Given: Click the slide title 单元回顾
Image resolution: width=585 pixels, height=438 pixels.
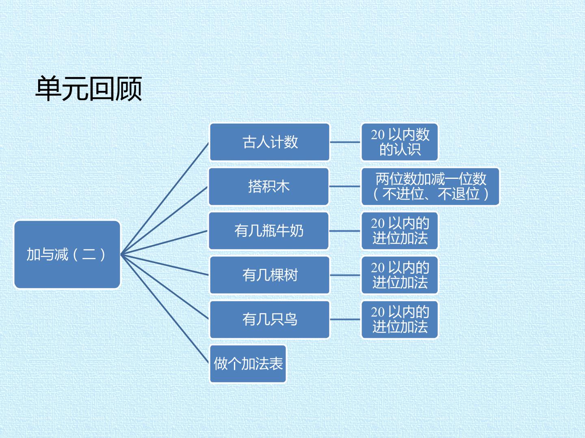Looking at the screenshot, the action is tap(89, 88).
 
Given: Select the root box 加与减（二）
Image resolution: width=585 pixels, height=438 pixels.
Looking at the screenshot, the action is tap(67, 255).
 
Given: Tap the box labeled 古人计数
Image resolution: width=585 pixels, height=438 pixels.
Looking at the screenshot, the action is tap(270, 142).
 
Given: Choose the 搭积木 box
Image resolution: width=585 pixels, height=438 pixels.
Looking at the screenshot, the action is tap(269, 187).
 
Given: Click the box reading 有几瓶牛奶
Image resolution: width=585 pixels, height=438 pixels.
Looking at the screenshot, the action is tap(269, 231).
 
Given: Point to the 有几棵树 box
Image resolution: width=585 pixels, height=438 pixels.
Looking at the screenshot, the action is tap(270, 275).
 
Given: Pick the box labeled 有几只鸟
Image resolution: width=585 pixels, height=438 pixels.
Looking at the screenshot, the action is tap(270, 320).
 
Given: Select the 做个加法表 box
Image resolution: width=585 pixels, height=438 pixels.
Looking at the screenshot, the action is tap(248, 364).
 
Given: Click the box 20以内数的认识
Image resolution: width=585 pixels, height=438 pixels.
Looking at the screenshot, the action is tap(400, 142).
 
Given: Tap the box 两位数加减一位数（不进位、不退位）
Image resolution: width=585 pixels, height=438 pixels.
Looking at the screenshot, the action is tap(430, 187).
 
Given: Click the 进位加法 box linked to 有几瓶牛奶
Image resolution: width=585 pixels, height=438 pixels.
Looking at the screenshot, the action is tap(400, 231).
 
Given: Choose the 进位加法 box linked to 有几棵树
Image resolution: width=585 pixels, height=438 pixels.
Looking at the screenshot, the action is tap(400, 275).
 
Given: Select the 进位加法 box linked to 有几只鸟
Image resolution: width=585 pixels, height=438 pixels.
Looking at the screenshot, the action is tap(400, 320).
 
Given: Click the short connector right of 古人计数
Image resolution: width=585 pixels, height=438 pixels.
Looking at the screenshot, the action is tap(345, 142).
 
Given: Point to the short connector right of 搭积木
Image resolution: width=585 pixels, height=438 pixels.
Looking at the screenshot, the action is tap(345, 187).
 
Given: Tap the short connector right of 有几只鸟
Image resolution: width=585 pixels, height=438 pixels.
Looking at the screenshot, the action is tap(345, 320).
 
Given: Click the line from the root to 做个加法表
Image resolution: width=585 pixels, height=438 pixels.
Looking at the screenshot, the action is tap(165, 309).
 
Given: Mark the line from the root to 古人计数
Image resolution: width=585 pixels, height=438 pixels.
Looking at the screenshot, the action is tap(165, 199).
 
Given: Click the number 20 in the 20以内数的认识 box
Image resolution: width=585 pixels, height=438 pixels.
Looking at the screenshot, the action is tap(377, 135).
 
